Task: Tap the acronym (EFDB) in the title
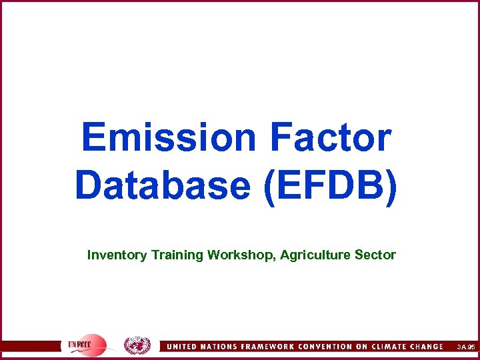point(331,185)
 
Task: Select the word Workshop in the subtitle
point(241,255)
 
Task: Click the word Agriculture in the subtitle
point(316,255)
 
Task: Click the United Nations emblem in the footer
point(137,345)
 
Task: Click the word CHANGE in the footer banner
point(433,347)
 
